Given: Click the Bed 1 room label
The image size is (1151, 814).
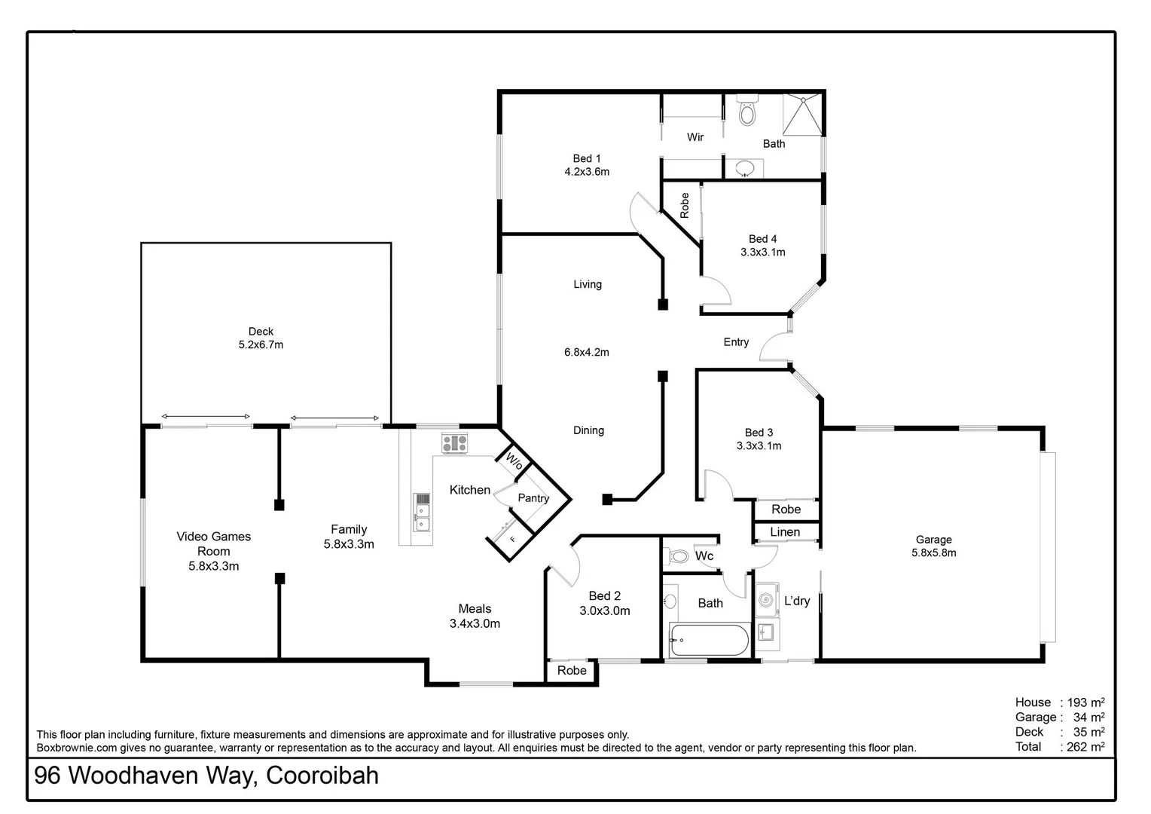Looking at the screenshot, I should click(587, 158).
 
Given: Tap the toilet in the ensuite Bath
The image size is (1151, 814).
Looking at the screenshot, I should click(746, 112).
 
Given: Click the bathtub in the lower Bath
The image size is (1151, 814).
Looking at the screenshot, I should click(709, 641).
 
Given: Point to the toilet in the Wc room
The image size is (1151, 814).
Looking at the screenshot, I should click(678, 557).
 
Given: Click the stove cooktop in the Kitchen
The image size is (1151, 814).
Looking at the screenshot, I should click(454, 442).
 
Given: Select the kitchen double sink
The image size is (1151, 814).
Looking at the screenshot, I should click(423, 513).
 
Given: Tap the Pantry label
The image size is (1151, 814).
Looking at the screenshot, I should click(533, 498).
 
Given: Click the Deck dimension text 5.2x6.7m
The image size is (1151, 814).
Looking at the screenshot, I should click(261, 345).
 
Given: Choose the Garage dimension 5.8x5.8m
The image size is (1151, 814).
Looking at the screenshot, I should click(933, 552).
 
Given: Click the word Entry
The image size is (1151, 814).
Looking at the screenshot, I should click(736, 342).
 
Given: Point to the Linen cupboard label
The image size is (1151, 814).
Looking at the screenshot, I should click(785, 532).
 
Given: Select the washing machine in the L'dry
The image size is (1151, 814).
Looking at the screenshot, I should click(767, 600).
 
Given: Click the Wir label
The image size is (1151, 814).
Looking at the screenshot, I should click(695, 137).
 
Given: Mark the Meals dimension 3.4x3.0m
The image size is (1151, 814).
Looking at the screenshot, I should click(475, 623).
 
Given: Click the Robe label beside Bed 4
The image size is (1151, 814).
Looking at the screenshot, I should click(685, 205).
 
